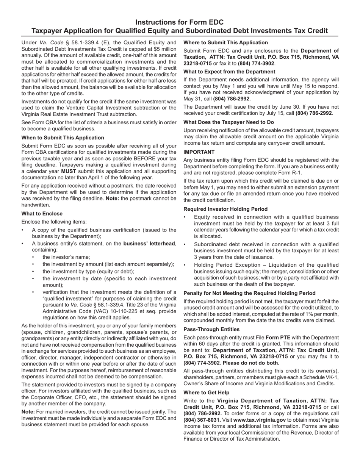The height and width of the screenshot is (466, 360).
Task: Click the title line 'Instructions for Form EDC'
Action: pyautogui.click(x=180, y=22)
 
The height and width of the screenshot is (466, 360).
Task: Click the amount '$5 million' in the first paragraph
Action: pyautogui.click(x=163, y=49)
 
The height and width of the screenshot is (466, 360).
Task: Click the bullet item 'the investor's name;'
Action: pyautogui.click(x=66, y=257)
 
